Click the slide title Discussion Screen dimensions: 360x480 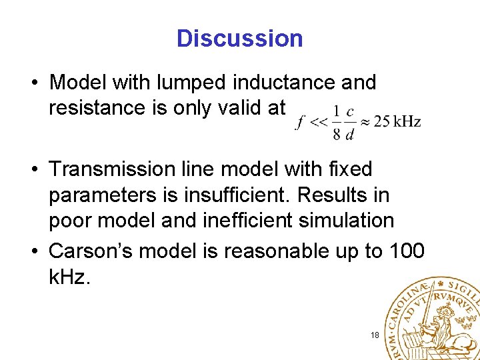pos(239,39)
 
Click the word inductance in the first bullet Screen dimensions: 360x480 pos(283,83)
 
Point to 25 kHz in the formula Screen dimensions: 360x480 pos(397,121)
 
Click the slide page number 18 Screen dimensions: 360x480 pos(375,335)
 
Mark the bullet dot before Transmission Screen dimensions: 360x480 pos(33,170)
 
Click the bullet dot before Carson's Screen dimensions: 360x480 pos(33,251)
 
